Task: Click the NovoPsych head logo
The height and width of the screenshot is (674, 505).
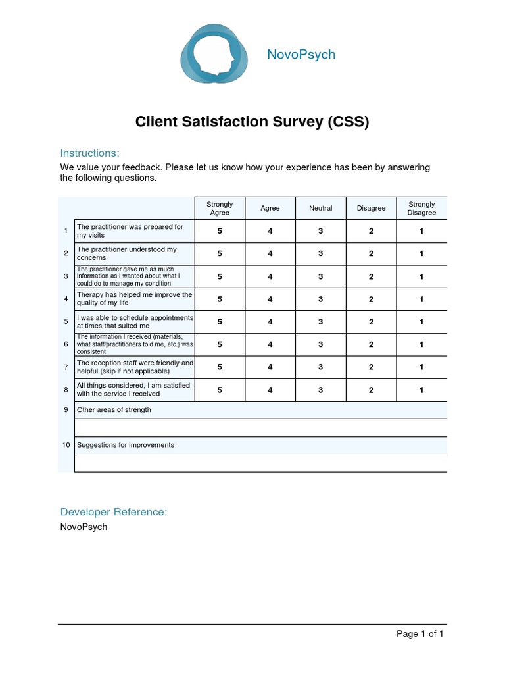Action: click(x=214, y=55)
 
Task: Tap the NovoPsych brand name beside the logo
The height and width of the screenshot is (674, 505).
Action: click(x=301, y=55)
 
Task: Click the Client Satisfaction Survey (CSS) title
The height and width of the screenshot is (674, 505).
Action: click(x=252, y=122)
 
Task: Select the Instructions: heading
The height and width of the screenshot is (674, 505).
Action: click(x=90, y=153)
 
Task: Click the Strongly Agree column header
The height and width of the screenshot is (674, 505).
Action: click(x=220, y=209)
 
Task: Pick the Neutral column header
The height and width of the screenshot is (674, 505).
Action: click(x=321, y=209)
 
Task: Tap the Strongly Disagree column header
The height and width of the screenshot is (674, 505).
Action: click(x=421, y=209)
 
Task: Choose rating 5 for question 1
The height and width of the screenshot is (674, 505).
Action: click(x=220, y=231)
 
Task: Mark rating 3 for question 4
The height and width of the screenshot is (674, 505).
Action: click(x=321, y=299)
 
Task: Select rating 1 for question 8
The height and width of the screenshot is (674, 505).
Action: click(x=421, y=390)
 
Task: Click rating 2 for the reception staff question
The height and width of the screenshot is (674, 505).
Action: click(x=371, y=367)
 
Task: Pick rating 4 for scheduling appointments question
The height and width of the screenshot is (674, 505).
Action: click(x=270, y=322)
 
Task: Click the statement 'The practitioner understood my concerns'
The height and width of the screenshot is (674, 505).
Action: click(x=127, y=253)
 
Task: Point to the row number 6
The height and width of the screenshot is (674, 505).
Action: click(x=66, y=344)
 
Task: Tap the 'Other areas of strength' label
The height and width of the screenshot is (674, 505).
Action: click(x=114, y=410)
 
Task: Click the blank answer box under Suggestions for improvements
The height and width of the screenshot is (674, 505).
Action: click(x=260, y=463)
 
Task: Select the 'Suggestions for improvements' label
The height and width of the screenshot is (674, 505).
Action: click(x=126, y=445)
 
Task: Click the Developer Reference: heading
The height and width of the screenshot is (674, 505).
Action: click(x=114, y=512)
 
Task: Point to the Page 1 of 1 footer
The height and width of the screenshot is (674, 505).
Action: click(x=420, y=634)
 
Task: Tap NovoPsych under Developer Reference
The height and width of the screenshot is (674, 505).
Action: click(x=84, y=527)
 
